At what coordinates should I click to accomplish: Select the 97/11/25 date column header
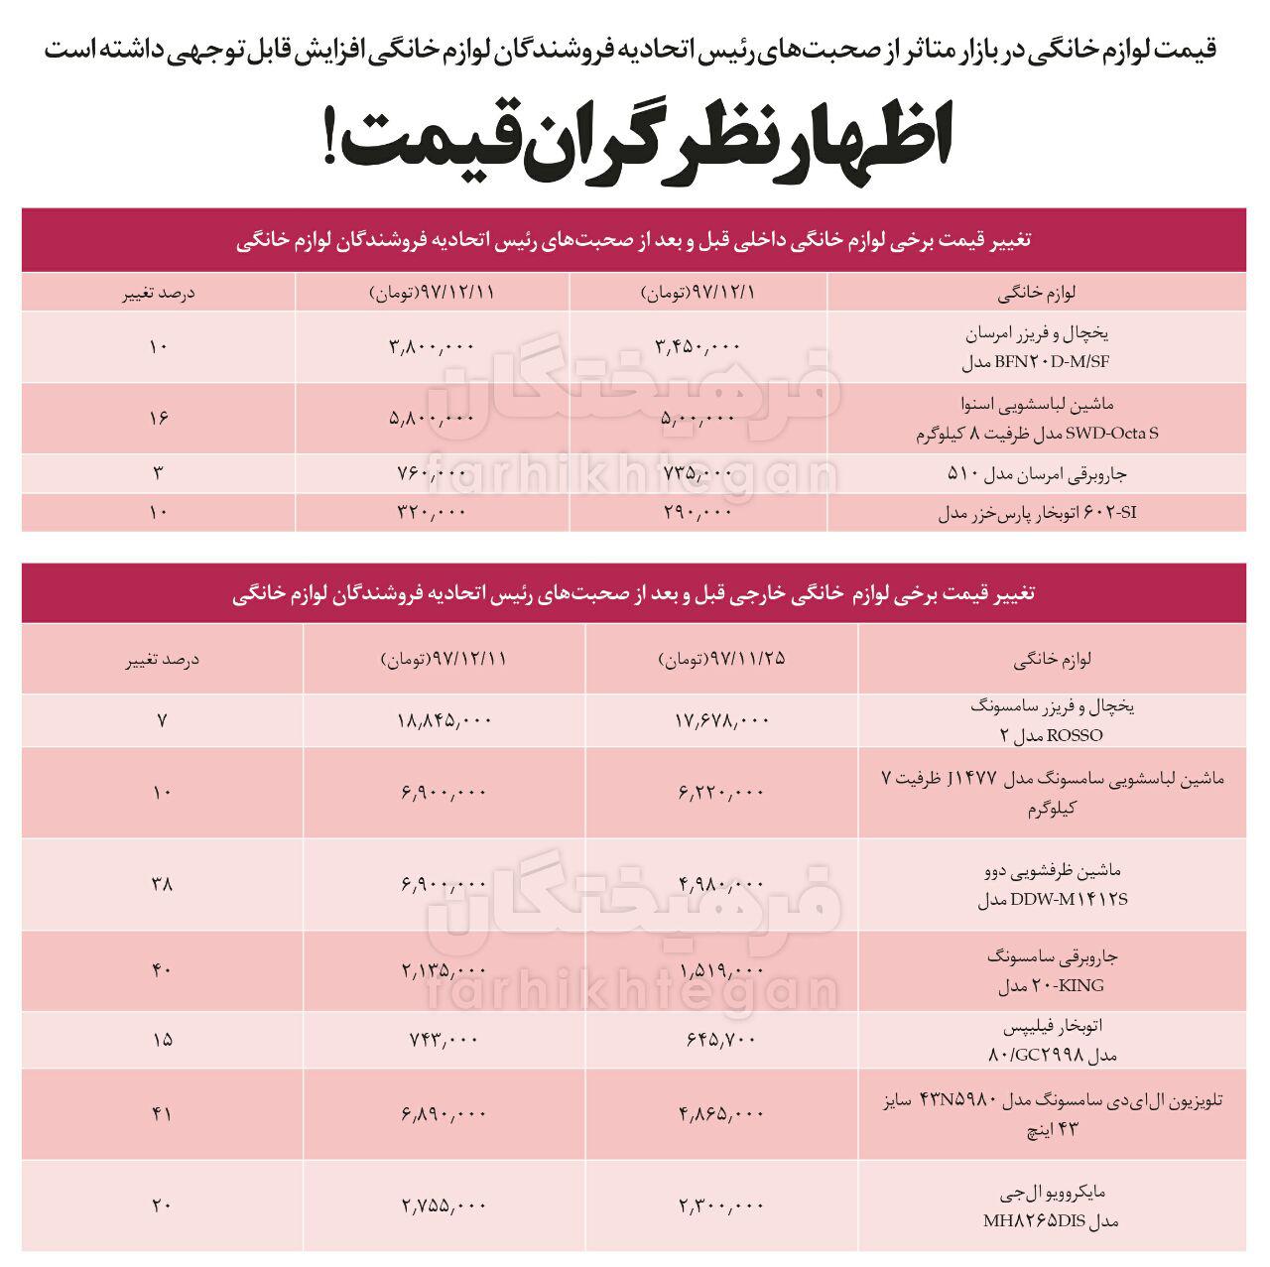(x=721, y=659)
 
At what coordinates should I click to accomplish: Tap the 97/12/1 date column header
(x=698, y=293)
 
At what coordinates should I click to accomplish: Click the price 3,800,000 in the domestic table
(x=433, y=346)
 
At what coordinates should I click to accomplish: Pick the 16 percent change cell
(x=158, y=418)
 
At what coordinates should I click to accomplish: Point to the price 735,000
(x=698, y=473)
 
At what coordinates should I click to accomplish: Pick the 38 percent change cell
(x=162, y=883)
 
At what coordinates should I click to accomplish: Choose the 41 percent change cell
(x=162, y=1114)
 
